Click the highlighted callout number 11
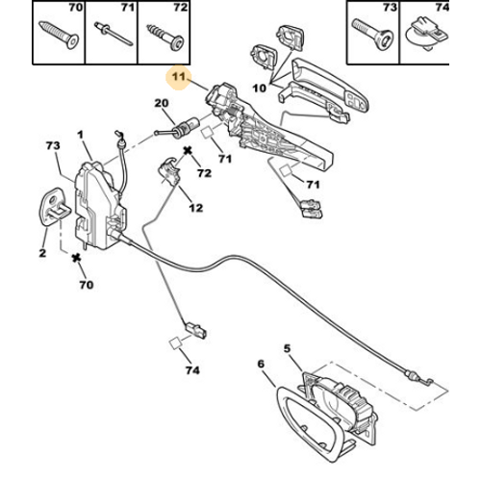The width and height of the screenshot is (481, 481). tap(179, 77)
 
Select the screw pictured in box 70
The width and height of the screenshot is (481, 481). tap(59, 35)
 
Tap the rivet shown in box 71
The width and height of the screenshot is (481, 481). tap(114, 34)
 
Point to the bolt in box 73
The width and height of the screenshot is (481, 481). tap(373, 35)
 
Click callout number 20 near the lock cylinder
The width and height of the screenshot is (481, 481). tap(162, 103)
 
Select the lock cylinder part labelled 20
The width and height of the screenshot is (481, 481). tap(177, 128)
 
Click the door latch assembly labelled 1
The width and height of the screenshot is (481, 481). tap(100, 206)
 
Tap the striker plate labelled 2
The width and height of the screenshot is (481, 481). tap(54, 207)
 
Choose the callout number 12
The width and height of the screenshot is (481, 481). tap(196, 208)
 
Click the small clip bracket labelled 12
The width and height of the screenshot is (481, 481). tap(169, 171)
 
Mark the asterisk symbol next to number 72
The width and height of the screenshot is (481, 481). tap(188, 150)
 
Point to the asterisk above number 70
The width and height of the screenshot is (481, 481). tap(76, 258)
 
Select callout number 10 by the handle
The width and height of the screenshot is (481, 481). tap(260, 88)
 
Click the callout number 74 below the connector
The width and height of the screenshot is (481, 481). tap(192, 370)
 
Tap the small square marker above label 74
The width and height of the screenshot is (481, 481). tap(175, 343)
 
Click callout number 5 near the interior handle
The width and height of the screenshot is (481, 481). tap(287, 348)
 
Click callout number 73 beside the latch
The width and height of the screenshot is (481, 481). tap(53, 145)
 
